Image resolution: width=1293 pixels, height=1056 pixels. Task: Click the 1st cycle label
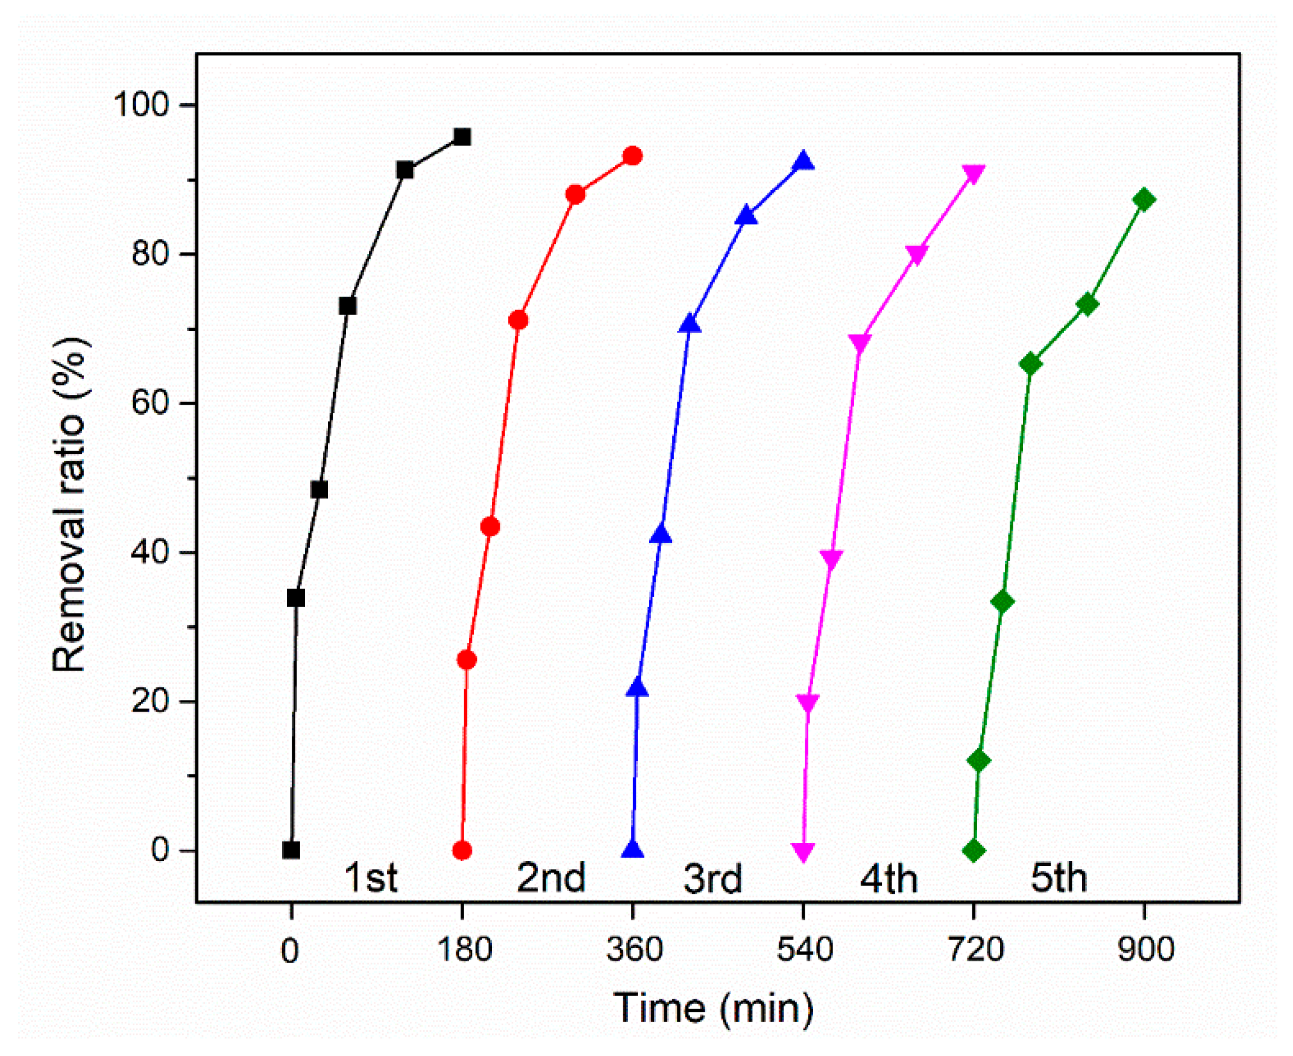coord(370,877)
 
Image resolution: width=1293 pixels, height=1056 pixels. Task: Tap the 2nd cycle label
coord(551,877)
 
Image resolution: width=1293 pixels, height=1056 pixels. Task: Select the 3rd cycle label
coord(713,878)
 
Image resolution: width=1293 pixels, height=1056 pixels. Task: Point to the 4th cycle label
coord(888,878)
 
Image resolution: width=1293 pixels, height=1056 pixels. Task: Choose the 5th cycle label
coord(1059,877)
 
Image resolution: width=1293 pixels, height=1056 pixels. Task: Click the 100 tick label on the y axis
coord(141,105)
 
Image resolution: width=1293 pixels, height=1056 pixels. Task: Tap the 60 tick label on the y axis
coord(149,403)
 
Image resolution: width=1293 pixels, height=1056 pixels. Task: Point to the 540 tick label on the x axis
coord(804,949)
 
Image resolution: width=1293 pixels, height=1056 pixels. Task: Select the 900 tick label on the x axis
coord(1145,949)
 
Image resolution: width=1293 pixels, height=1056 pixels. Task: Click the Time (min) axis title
coord(713,1008)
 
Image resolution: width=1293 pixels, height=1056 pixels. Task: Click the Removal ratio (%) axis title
coord(69,505)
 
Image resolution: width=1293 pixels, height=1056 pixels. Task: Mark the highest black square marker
coord(462,137)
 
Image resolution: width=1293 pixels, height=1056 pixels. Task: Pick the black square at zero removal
coord(291,850)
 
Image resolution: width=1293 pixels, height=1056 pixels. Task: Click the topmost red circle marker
coord(633,156)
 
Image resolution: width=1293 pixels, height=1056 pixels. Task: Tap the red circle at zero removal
coord(462,850)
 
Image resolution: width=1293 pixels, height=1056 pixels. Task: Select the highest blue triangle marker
coord(804,161)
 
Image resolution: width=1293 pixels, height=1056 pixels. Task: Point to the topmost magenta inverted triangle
coord(974,175)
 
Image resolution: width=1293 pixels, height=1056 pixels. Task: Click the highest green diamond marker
coord(1145,200)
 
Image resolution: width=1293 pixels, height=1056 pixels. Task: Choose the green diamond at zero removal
coord(974,850)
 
